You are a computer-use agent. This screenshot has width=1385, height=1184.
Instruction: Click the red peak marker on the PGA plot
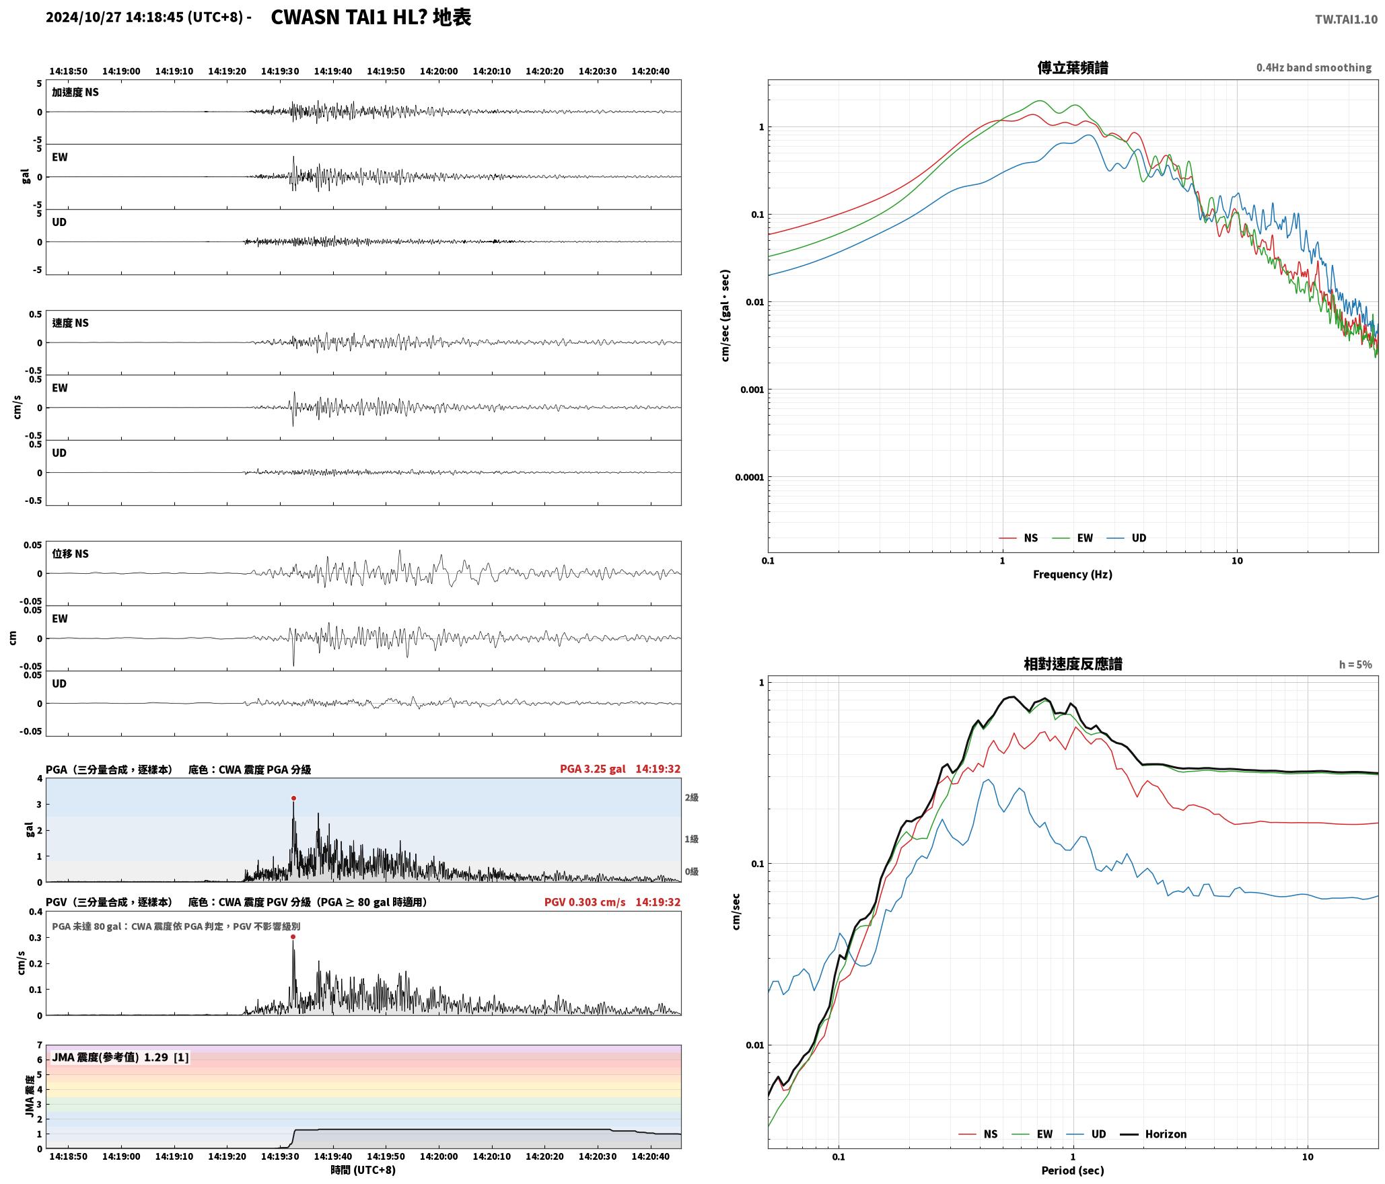click(293, 799)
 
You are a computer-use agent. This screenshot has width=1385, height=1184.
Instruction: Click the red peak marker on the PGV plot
click(293, 936)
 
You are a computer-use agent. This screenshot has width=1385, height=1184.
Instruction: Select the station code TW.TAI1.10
click(1346, 20)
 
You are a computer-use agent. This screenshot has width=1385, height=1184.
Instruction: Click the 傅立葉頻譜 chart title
click(1073, 67)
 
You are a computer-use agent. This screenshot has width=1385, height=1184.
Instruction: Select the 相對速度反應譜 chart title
click(1073, 664)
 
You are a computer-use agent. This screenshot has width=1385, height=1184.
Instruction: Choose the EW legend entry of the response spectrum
click(1033, 1134)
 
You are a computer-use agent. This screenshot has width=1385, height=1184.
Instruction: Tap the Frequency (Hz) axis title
click(1073, 575)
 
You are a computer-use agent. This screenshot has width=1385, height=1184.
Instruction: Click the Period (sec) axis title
click(1073, 1171)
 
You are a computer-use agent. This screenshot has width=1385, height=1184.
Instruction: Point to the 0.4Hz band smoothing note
click(1314, 68)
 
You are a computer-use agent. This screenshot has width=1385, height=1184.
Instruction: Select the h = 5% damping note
click(1355, 665)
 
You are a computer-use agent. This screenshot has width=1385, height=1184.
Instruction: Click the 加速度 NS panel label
click(75, 92)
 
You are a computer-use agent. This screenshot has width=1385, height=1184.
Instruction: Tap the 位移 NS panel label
click(71, 554)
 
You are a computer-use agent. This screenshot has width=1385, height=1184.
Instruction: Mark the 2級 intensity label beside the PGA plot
click(692, 798)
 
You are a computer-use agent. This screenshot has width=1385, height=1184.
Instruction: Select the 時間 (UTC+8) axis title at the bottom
click(363, 1170)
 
